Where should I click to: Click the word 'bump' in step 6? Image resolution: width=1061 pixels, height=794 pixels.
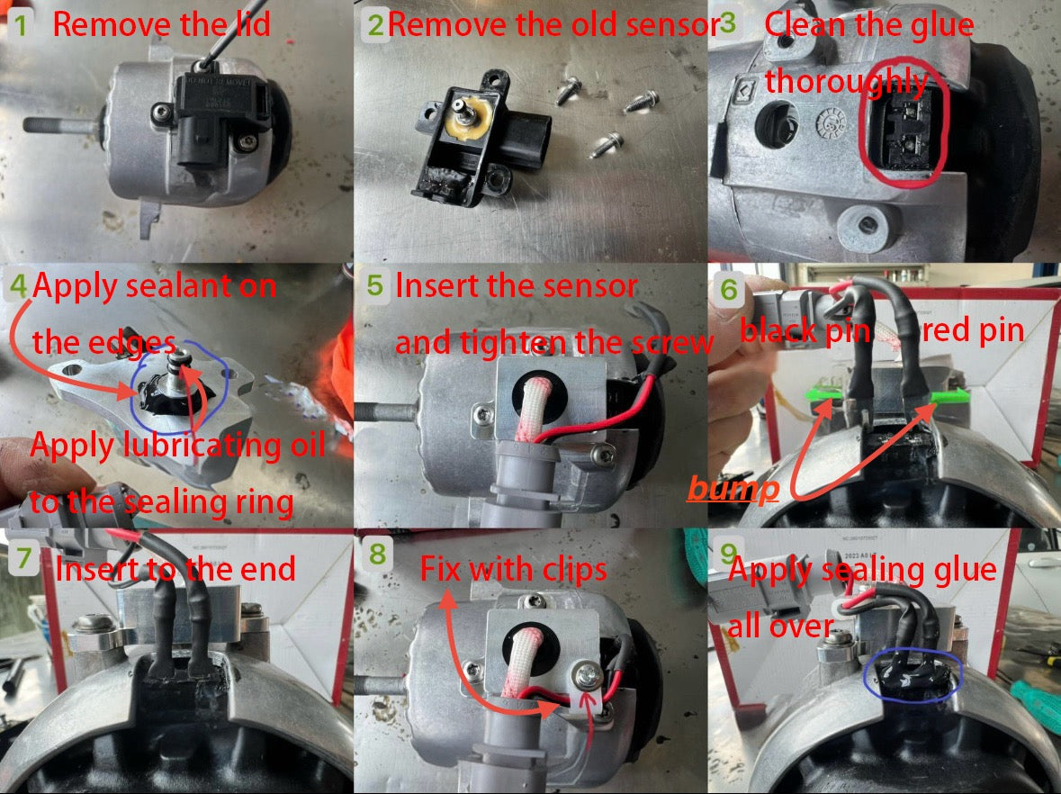tap(733, 489)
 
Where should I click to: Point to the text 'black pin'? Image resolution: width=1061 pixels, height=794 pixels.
tap(805, 331)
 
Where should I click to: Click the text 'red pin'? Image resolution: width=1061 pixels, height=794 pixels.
tap(974, 331)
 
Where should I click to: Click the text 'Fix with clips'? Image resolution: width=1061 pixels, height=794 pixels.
tap(514, 569)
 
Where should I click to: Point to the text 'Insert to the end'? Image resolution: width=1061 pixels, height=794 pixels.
tap(175, 569)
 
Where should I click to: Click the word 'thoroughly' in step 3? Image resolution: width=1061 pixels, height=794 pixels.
tap(846, 82)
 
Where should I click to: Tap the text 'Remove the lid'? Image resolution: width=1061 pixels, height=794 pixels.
tap(162, 24)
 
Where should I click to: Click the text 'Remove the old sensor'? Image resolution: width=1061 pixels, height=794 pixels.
tap(553, 24)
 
